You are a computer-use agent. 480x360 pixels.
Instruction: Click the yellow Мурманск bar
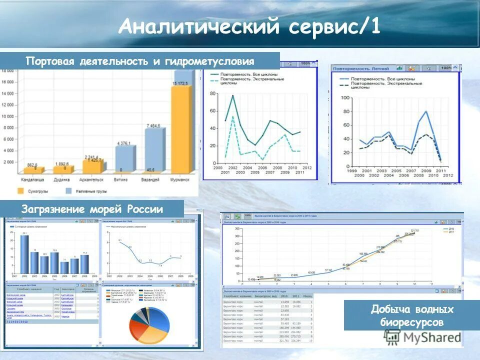coord(180,130)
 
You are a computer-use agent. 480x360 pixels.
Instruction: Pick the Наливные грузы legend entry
coord(69,190)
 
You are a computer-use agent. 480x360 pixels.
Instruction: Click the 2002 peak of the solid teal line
coord(232,95)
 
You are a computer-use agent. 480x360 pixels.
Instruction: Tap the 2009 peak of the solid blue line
coord(426,111)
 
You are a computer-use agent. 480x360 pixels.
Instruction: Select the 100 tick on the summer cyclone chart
coord(345,97)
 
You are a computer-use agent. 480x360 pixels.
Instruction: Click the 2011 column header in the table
coord(296,296)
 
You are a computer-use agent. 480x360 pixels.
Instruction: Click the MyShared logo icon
coord(393,337)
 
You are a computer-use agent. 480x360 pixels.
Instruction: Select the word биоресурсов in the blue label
coord(411,322)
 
